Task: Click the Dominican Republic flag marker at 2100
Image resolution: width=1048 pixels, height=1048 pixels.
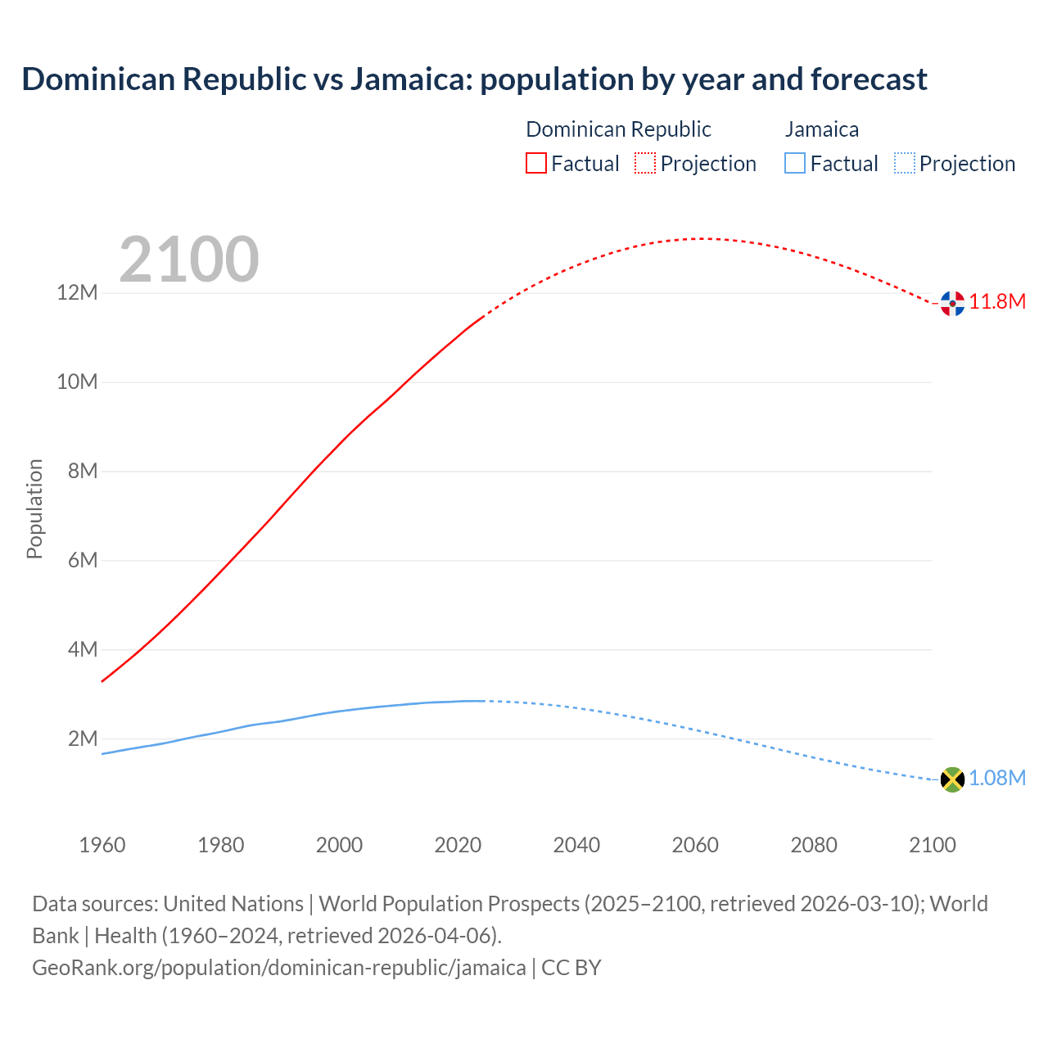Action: [x=952, y=303]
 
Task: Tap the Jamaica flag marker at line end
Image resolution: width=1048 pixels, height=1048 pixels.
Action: [x=952, y=779]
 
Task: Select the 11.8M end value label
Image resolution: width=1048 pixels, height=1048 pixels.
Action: [x=997, y=302]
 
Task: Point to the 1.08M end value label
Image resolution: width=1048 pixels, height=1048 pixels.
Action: [x=997, y=779]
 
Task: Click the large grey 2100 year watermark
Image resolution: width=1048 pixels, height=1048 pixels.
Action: [x=189, y=260]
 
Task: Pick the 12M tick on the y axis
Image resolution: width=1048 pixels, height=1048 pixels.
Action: [x=77, y=293]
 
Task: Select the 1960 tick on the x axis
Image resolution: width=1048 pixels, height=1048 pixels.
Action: [x=102, y=845]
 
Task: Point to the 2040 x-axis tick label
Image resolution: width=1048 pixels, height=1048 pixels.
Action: [x=576, y=845]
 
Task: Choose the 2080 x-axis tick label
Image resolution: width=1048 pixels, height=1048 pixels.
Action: [x=814, y=845]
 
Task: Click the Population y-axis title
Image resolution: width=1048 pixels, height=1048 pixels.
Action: [x=34, y=509]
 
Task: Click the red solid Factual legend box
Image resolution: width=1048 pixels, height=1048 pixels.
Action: [x=536, y=164]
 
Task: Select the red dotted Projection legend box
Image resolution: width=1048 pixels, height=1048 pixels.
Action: [x=645, y=164]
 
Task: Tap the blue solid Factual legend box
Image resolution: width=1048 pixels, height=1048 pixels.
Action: [x=795, y=164]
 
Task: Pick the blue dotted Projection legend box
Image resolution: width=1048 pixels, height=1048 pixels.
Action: [x=904, y=164]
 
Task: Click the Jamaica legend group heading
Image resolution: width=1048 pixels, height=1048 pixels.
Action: [x=822, y=129]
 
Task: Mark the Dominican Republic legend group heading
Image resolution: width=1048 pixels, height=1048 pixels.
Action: [x=618, y=129]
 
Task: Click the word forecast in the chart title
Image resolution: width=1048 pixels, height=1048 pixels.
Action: [x=869, y=79]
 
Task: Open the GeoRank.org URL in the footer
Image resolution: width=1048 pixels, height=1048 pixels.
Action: [x=278, y=968]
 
